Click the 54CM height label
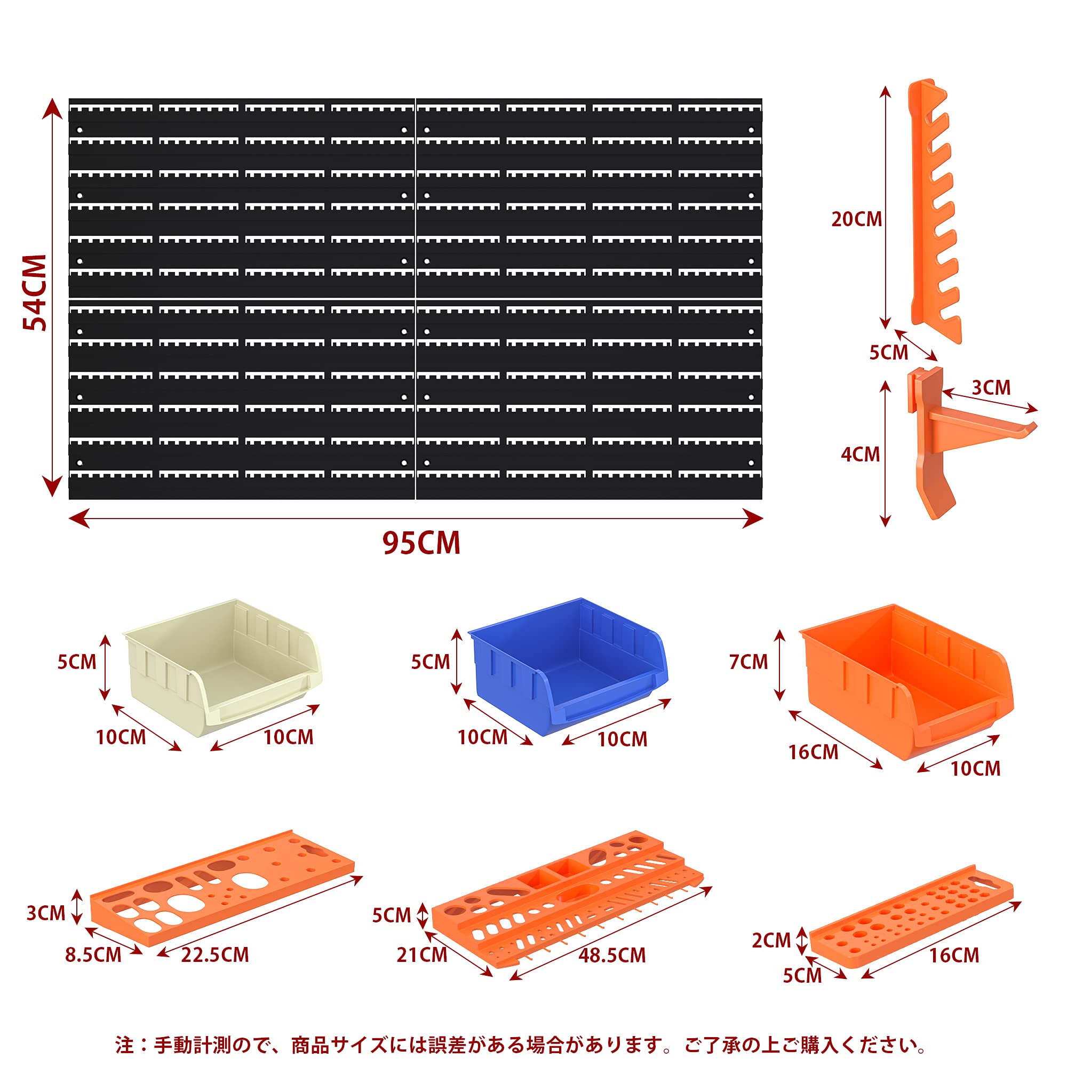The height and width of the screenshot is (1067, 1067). click(x=34, y=293)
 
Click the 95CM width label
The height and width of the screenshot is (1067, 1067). click(x=421, y=543)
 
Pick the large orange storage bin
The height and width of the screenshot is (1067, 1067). click(x=906, y=681)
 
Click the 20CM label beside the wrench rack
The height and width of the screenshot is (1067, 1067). click(x=857, y=219)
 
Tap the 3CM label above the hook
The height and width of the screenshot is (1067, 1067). click(x=991, y=388)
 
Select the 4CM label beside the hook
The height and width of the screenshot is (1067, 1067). click(x=860, y=455)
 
